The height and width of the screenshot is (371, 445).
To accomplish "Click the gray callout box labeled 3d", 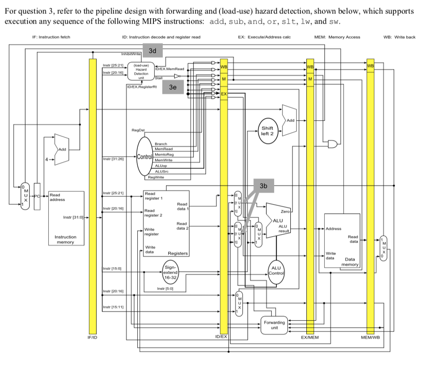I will pos(152,51).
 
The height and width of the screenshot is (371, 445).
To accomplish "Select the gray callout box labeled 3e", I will pos(173,87).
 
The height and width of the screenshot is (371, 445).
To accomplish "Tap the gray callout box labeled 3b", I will pos(263,185).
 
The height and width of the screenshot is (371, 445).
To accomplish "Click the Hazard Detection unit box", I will pos(141,71).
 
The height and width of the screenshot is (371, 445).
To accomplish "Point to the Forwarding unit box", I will pos(274,325).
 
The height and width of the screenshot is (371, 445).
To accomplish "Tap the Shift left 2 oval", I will pos(267,131).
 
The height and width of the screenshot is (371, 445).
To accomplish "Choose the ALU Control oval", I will pos(276,271).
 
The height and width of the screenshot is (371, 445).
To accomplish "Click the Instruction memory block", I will pos(66,224).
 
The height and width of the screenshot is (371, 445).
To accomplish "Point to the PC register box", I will pos(37,197).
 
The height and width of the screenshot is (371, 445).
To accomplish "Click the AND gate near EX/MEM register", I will pos(333,144).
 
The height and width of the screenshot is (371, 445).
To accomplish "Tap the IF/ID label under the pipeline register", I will pos(93,337).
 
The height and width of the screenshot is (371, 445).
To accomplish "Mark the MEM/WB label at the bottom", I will pos(370,337).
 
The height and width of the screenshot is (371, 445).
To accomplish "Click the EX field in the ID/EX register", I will pos(224,94).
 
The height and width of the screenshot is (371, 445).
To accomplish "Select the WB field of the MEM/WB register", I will pos(370,66).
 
